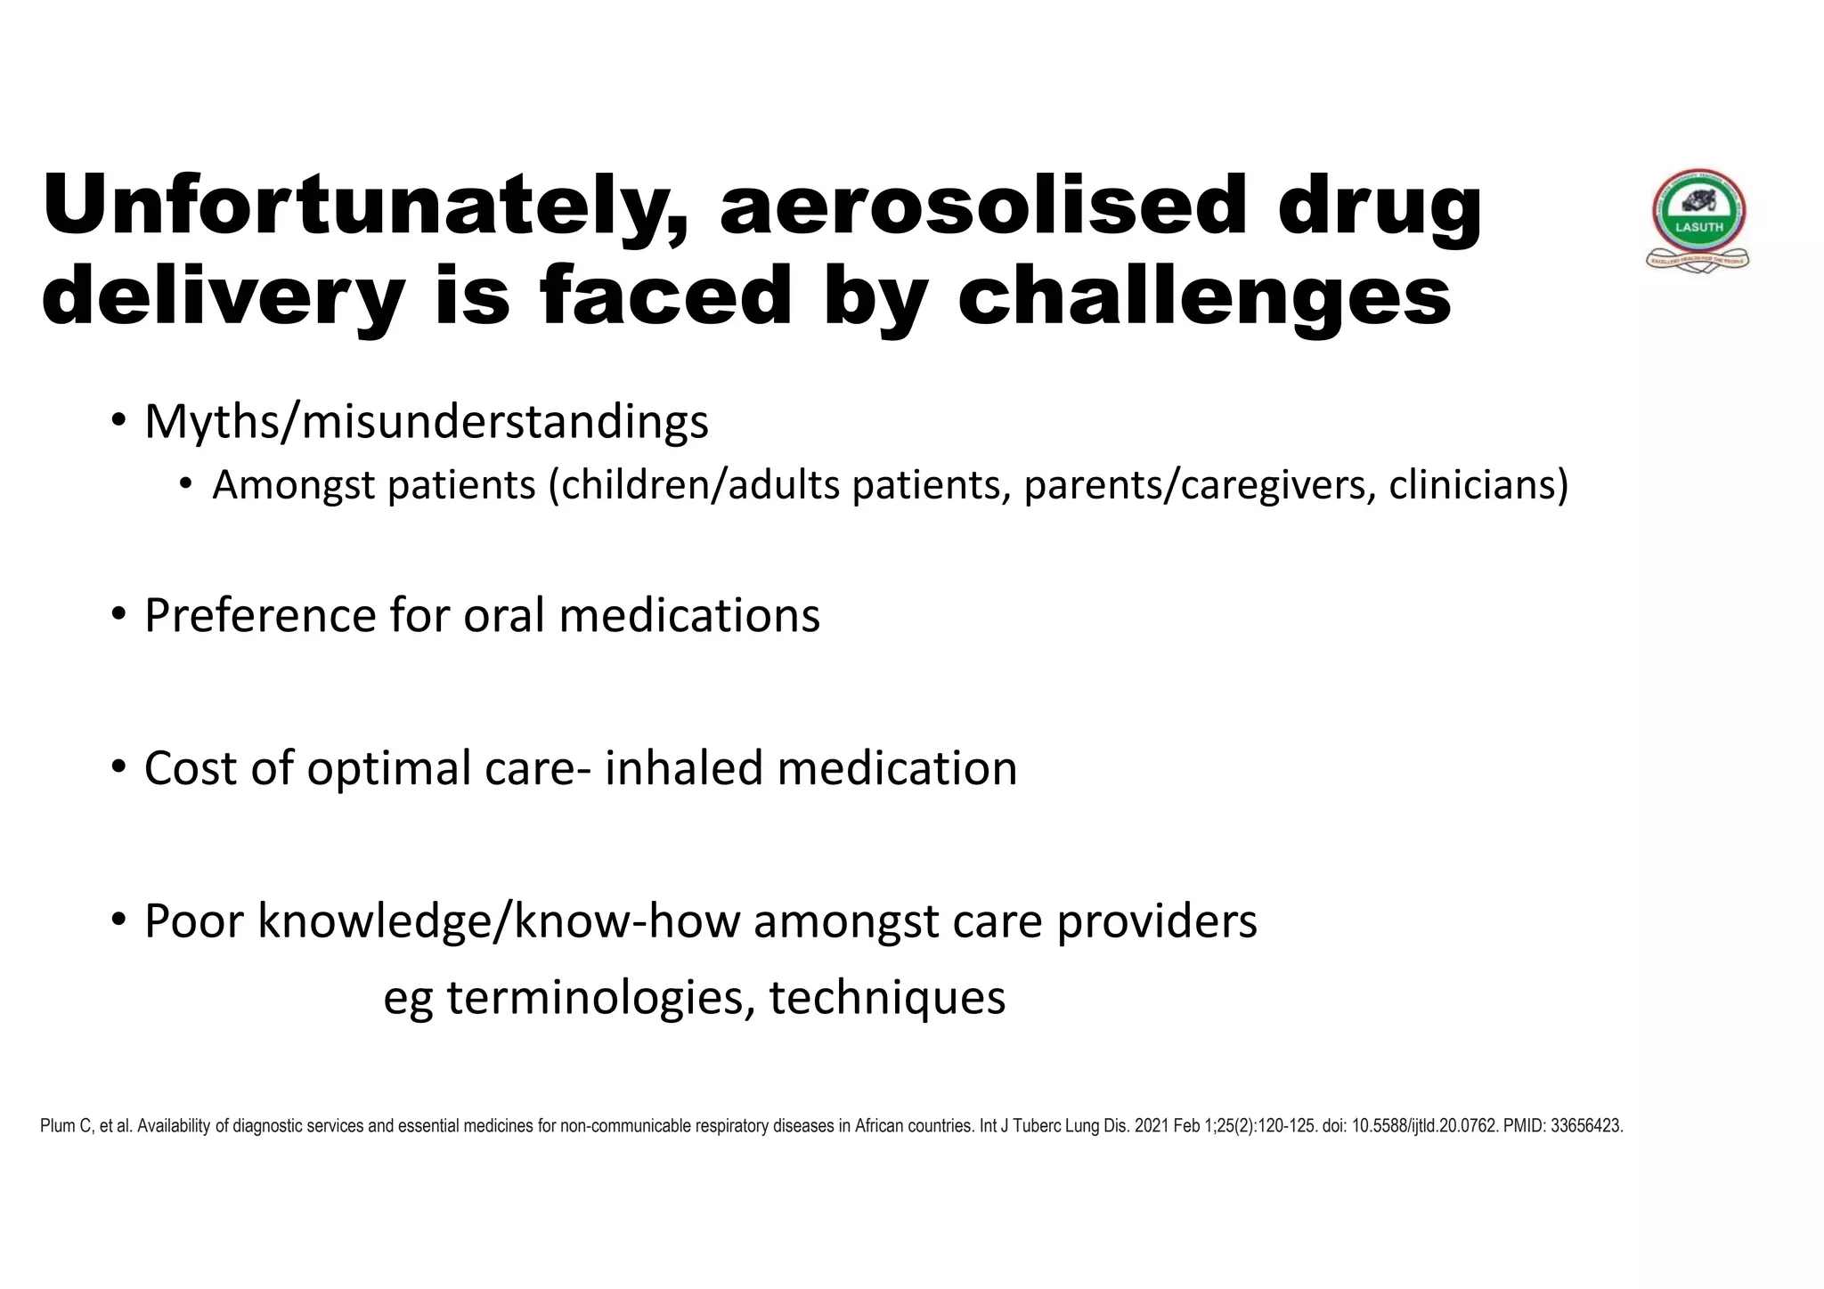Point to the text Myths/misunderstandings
tap(427, 422)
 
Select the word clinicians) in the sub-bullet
tap(1478, 485)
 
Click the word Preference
tap(259, 615)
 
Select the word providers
tap(1157, 921)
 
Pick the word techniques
tap(887, 998)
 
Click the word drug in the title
tap(1380, 207)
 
